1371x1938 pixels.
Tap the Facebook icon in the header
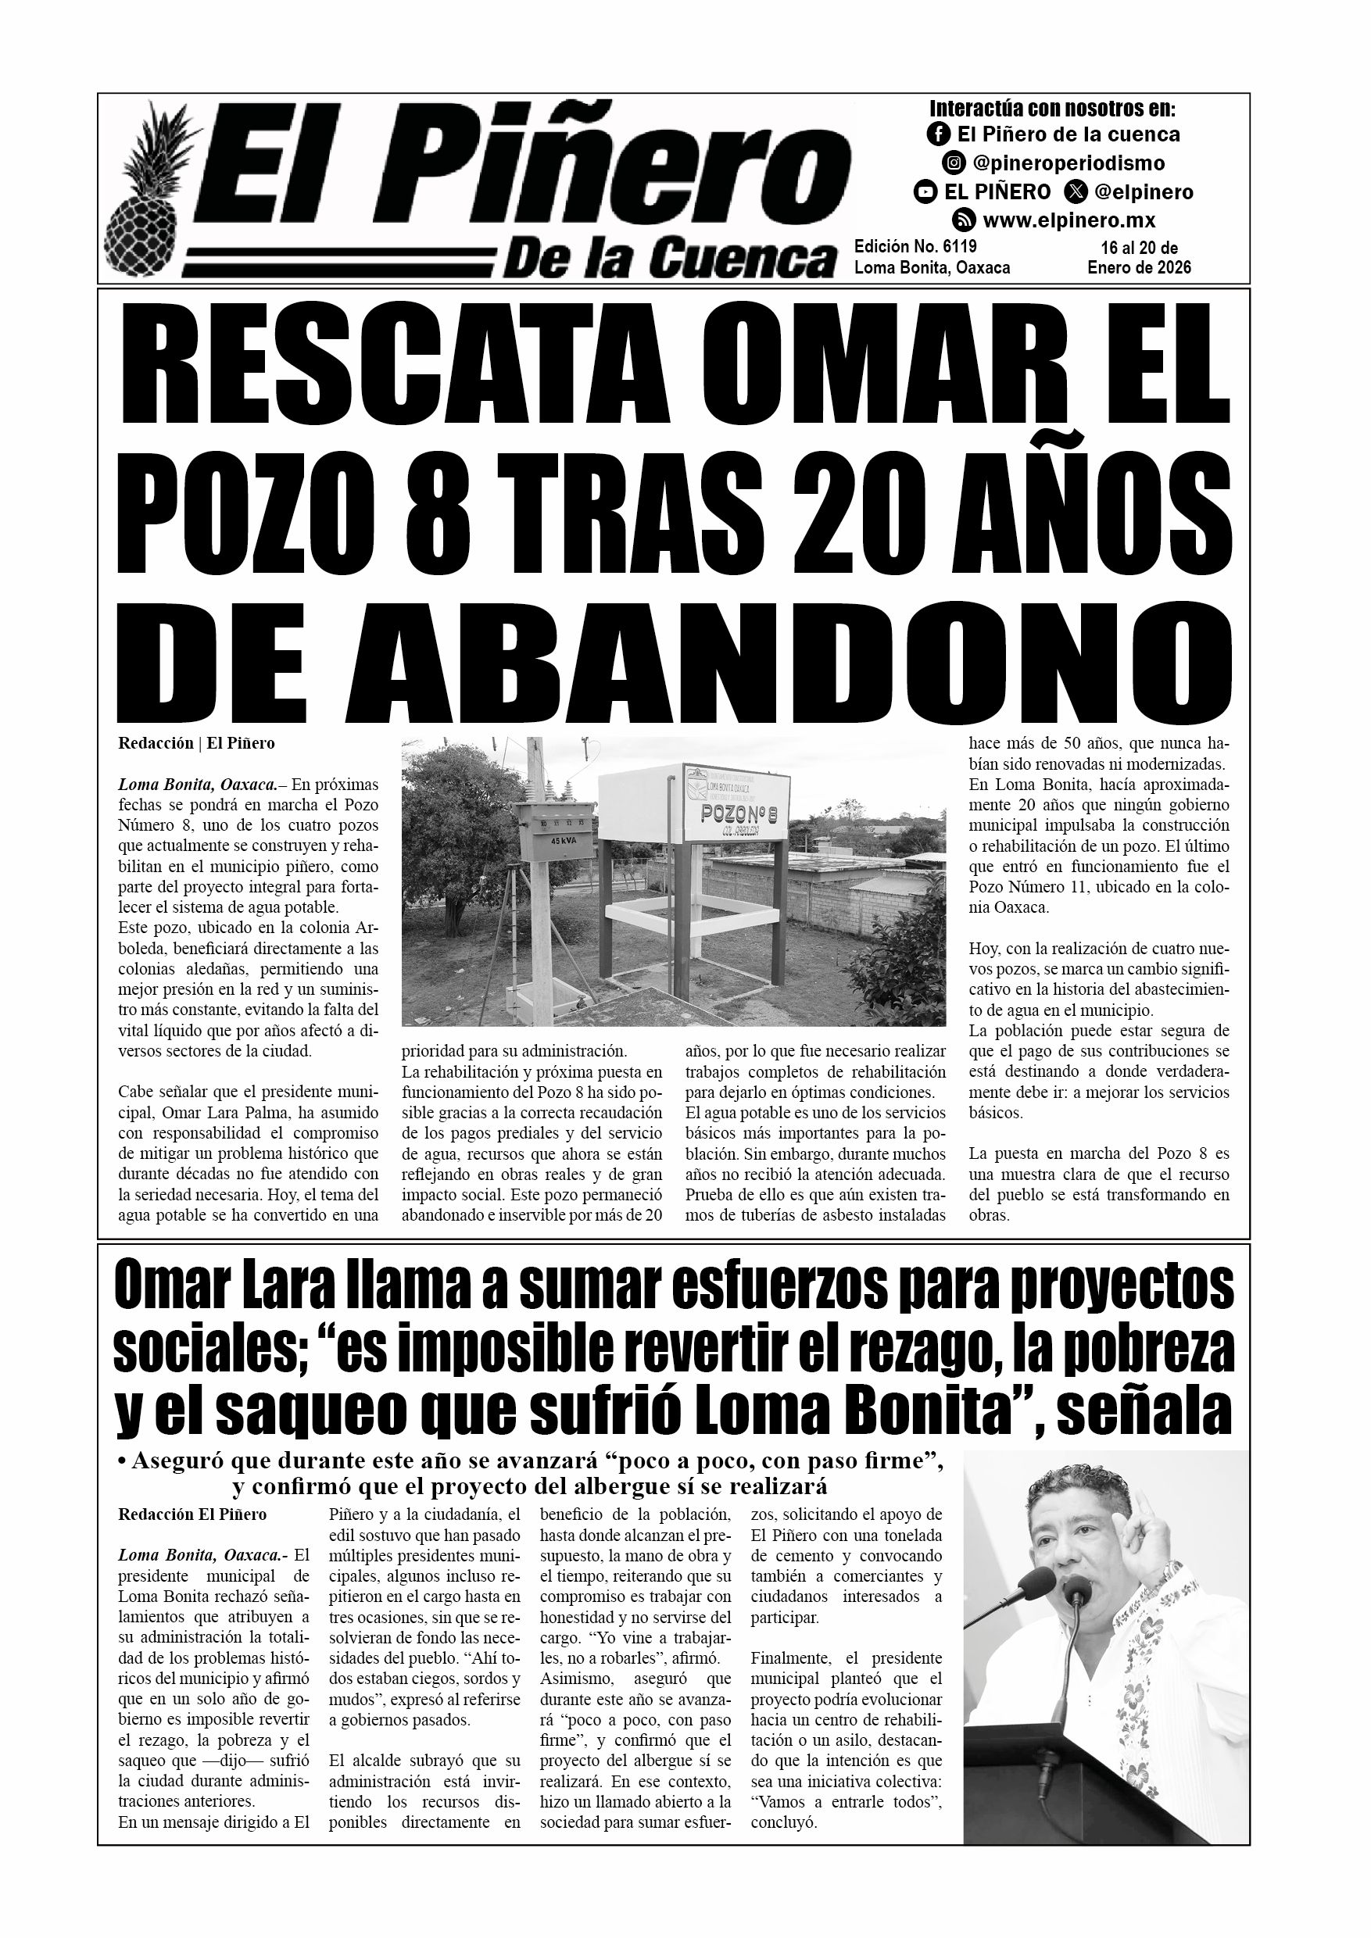pyautogui.click(x=938, y=134)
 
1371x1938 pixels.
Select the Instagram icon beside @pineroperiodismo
pyautogui.click(x=954, y=163)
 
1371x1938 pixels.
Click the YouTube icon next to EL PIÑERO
pyautogui.click(x=925, y=192)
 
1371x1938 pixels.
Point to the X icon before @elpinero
pyautogui.click(x=1076, y=192)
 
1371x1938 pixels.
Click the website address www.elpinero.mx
pyautogui.click(x=1069, y=221)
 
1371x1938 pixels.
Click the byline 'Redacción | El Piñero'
pyautogui.click(x=196, y=744)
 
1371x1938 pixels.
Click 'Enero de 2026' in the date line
pyautogui.click(x=1139, y=267)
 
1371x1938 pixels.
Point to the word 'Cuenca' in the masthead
pyautogui.click(x=739, y=259)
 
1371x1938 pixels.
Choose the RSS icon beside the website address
pyautogui.click(x=964, y=221)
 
